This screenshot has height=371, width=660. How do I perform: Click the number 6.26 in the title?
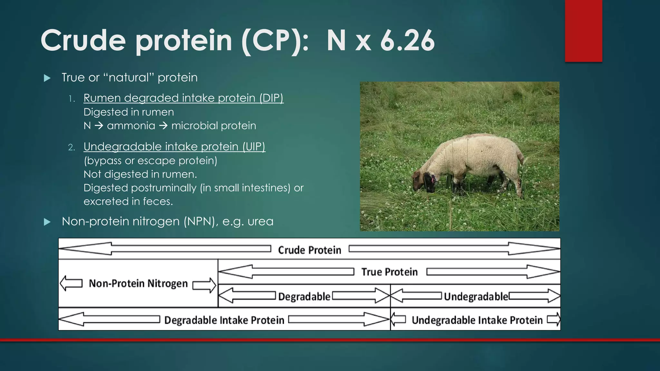coord(407,41)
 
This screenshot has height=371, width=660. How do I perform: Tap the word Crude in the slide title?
coord(83,41)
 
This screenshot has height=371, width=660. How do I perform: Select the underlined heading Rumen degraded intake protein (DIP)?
coord(183,98)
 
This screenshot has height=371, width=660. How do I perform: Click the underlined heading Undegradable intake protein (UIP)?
coord(174,147)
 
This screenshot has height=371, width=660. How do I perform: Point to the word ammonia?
coord(131,126)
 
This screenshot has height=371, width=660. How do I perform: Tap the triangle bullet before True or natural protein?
coord(47,78)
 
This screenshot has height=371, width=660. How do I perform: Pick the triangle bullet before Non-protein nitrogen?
coord(47,222)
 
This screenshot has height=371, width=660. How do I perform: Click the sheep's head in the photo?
coord(425,182)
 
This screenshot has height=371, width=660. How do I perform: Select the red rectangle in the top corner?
coord(583,31)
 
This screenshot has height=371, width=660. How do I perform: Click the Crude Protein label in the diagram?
coord(309,250)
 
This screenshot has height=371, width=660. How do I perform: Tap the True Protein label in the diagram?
coord(389,272)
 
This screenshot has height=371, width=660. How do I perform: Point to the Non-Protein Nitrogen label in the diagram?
coord(138,283)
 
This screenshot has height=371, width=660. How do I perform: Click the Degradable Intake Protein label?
coord(224,320)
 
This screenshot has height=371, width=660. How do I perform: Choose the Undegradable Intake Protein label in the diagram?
coord(477,320)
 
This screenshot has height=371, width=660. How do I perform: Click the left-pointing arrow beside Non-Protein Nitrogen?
coord(71,283)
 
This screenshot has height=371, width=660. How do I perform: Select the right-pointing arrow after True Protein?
coord(493,272)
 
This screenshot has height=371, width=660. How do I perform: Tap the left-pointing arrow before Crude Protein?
coord(164,249)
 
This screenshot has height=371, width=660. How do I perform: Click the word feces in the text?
coord(158,202)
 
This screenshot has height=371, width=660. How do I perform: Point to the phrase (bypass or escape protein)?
coord(150,160)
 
